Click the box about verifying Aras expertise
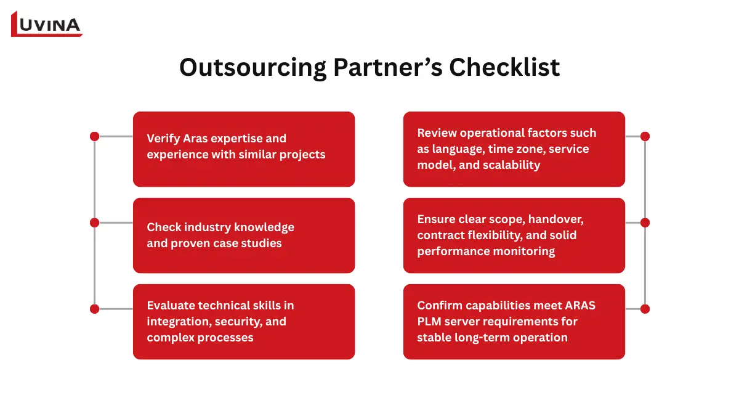tap(244, 149)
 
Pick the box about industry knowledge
tap(244, 235)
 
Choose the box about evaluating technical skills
tap(244, 322)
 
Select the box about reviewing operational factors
tap(514, 149)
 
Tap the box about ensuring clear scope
tap(514, 235)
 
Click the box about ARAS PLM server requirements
tap(514, 322)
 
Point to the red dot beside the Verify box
tap(94, 136)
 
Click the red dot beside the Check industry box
tap(94, 222)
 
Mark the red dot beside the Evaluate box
tap(94, 309)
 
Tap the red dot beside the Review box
tap(645, 136)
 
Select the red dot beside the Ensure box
tap(645, 222)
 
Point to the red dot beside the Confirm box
tap(645, 309)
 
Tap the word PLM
tap(429, 321)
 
